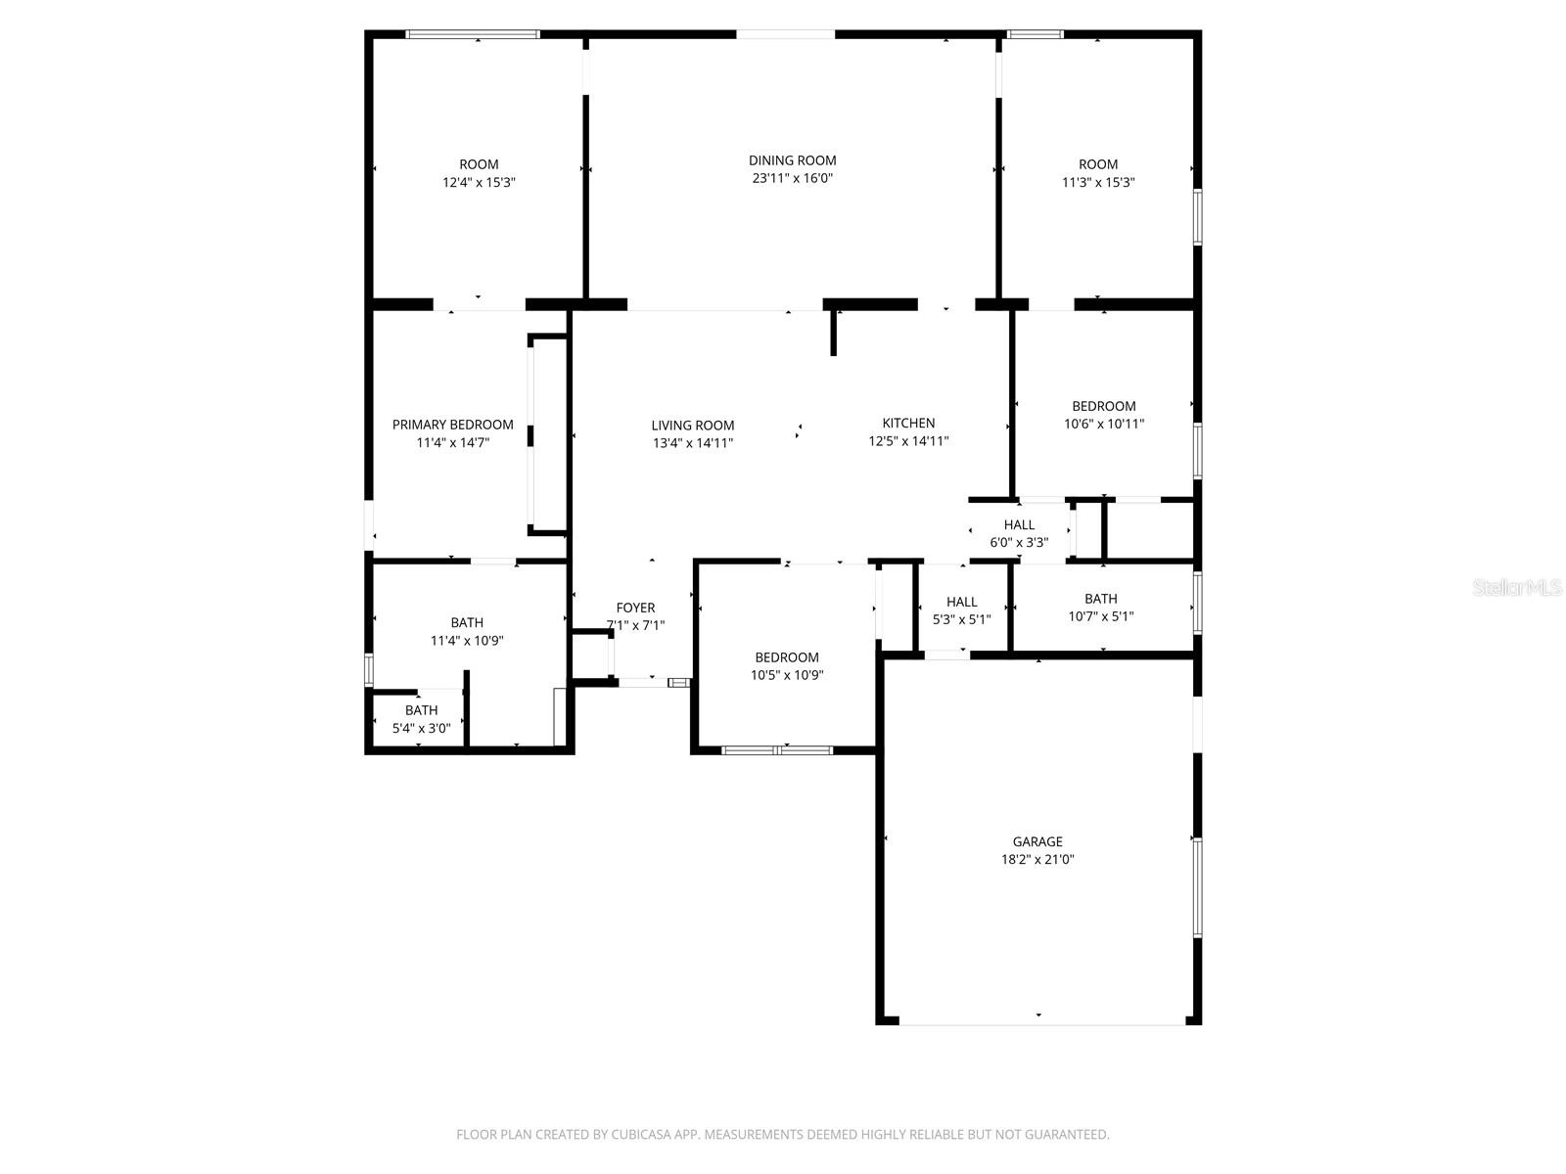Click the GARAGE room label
1037,841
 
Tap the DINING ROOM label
792,160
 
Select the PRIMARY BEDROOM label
452,425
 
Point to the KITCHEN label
908,423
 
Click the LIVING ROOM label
693,425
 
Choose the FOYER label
635,608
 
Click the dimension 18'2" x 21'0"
1037,860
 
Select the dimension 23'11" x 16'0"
792,178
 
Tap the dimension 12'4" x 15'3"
479,182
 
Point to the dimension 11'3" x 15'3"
1098,182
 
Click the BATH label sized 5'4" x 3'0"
421,710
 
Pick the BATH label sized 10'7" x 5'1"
1100,599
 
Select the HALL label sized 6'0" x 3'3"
1019,524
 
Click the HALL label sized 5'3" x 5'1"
961,602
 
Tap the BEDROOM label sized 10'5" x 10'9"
786,657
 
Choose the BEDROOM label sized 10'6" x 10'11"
1103,406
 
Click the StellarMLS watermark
1517,588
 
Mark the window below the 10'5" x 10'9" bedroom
777,750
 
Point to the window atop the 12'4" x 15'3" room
473,34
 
